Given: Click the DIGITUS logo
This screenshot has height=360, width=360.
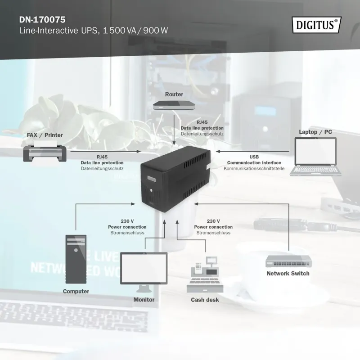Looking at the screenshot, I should pyautogui.click(x=317, y=24).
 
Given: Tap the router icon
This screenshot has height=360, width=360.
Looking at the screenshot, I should pyautogui.click(x=174, y=106).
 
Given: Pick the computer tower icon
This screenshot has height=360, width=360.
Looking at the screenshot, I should pyautogui.click(x=75, y=258).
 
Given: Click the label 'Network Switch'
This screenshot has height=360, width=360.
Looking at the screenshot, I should pyautogui.click(x=288, y=273).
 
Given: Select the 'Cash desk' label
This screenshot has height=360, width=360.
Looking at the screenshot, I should pyautogui.click(x=205, y=300).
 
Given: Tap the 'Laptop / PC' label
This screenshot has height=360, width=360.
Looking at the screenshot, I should pyautogui.click(x=315, y=132).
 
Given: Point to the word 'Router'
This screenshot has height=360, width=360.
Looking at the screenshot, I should pyautogui.click(x=174, y=94).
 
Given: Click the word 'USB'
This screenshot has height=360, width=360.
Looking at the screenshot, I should pyautogui.click(x=254, y=157).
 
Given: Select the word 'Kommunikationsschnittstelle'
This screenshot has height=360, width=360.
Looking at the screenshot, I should pyautogui.click(x=254, y=168).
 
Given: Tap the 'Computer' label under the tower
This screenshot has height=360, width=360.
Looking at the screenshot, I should pyautogui.click(x=76, y=291).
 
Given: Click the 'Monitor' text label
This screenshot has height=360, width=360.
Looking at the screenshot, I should pyautogui.click(x=144, y=300).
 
